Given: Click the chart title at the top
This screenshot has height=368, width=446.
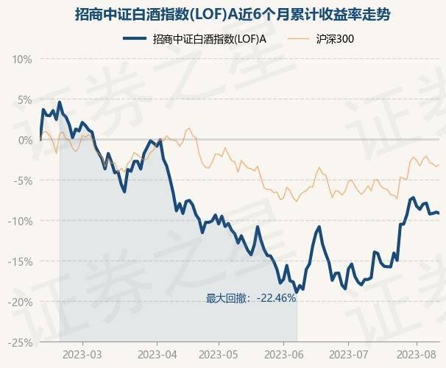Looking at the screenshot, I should tap(222, 14).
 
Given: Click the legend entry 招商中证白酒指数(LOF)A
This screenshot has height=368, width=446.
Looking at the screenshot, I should tap(208, 40).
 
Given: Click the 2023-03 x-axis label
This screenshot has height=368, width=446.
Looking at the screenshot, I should tap(82, 353).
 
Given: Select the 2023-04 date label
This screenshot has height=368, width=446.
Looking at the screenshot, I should tap(157, 353).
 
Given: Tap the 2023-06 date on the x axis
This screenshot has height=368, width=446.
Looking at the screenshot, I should tap(283, 353).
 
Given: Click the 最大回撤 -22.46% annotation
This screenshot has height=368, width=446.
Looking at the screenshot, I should tap(250, 298).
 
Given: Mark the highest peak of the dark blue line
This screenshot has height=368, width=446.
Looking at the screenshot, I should tap(59, 102).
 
